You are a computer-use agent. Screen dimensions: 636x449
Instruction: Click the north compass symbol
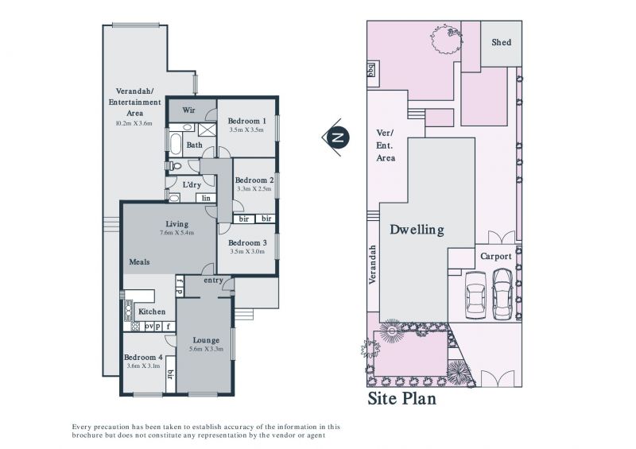[336, 137]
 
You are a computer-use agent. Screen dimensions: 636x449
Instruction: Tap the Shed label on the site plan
[502, 42]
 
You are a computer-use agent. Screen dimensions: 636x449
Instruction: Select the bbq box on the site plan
[371, 69]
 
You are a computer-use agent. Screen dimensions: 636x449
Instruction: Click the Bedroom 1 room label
[246, 121]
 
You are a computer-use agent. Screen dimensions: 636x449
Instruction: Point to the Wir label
[188, 110]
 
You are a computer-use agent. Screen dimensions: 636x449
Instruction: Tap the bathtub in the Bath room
[176, 145]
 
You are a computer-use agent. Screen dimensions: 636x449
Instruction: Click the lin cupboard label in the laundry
[206, 199]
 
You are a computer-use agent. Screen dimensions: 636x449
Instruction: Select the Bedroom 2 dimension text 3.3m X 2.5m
[254, 188]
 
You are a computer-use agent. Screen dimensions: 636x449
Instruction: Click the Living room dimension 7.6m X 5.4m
[176, 232]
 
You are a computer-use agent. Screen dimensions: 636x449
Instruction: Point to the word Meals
[139, 262]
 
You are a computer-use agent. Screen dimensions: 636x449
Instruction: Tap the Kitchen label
[152, 312]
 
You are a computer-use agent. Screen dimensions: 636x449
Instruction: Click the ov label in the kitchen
[149, 326]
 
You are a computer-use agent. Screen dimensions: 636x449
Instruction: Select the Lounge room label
[206, 340]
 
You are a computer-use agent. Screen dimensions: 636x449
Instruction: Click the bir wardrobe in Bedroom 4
[171, 374]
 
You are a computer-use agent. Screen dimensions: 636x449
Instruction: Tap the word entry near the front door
[213, 281]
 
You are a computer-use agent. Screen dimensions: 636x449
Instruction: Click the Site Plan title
[401, 398]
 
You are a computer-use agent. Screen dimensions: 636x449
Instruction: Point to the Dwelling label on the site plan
[417, 230]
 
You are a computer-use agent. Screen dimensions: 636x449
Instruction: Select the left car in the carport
[475, 296]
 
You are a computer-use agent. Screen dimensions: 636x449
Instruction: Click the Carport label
[495, 257]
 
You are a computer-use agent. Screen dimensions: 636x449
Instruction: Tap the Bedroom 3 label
[247, 242]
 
